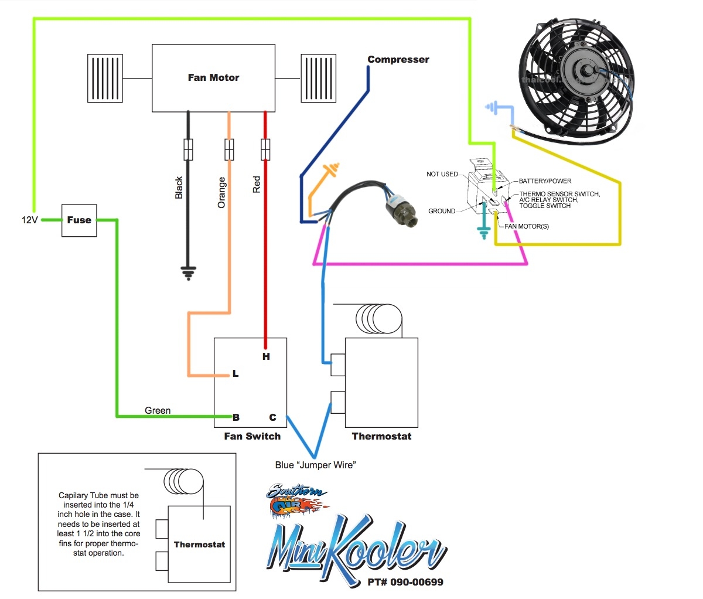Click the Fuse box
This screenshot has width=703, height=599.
pos(79,220)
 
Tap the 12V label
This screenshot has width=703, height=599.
pos(30,220)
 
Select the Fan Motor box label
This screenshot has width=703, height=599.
pos(213,77)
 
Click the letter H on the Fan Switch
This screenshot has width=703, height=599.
pos(266,356)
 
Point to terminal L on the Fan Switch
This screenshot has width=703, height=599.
pos(236,374)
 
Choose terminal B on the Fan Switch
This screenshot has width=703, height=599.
pos(236,417)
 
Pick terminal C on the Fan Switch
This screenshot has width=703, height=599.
pos(272,417)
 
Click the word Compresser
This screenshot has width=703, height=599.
pos(398,60)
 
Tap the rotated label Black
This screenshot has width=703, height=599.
pos(179,188)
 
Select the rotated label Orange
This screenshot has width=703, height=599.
pos(221,192)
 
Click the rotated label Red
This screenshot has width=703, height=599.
pos(257,185)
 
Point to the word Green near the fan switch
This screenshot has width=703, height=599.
pos(158,410)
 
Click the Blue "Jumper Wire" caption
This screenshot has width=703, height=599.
pos(315,465)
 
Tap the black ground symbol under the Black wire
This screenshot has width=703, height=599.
pos(188,273)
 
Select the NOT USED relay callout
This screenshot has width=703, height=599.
pos(442,174)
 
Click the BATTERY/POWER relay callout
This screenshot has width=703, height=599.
pos(545,181)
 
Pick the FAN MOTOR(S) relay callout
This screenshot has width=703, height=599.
pos(527,226)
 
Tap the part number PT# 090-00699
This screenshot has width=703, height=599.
pos(405,582)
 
